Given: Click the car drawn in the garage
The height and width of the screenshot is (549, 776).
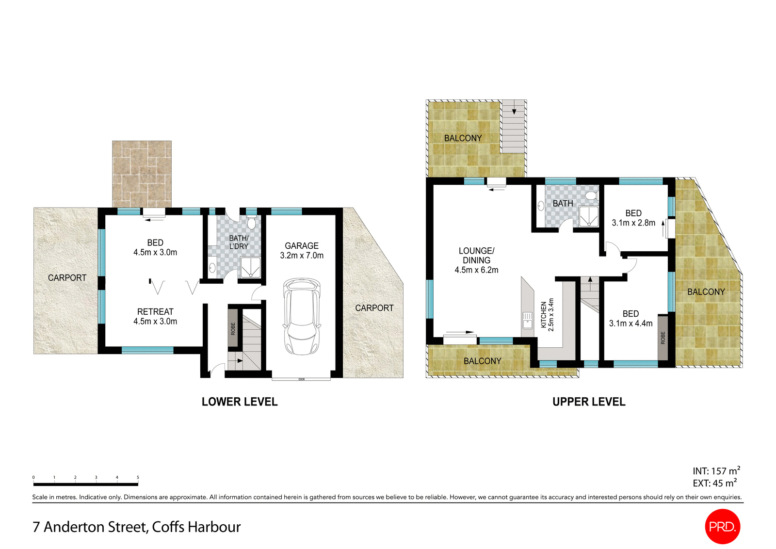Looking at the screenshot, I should [x=302, y=316].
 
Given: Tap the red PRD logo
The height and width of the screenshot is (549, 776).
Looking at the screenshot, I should [x=722, y=526].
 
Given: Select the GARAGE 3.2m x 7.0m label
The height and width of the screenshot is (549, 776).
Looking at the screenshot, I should [x=302, y=250].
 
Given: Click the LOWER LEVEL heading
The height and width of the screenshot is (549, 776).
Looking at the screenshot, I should [x=240, y=402].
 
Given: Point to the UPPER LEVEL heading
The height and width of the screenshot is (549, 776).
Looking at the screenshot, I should [x=589, y=402].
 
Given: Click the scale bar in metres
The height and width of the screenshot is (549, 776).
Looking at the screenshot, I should [x=86, y=484].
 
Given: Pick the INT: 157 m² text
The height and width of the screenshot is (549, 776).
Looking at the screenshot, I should [x=716, y=471].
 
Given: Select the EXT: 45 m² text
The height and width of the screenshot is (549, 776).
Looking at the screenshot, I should [x=714, y=483].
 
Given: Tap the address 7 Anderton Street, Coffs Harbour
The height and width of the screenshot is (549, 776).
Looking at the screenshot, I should [x=136, y=527].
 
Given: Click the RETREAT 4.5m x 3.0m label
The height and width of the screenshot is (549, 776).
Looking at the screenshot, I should [x=155, y=316].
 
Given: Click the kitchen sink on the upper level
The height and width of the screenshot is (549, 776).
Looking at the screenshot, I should [x=527, y=321].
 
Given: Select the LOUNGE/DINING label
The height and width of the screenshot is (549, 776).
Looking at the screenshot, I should [x=476, y=260].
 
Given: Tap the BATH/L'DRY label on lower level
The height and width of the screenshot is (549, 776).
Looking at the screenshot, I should [x=239, y=242].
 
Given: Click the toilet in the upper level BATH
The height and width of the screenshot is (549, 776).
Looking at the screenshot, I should [x=591, y=195].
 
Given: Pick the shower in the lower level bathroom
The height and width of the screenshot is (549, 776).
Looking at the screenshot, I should [x=250, y=268].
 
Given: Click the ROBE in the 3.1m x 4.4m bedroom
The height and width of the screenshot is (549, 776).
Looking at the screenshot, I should [x=663, y=338].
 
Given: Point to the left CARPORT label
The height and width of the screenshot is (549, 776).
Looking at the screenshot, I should [x=67, y=277].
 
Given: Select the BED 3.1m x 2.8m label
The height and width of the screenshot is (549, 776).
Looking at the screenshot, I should [x=633, y=218].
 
